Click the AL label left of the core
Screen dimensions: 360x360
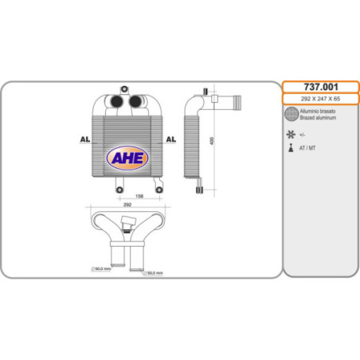[83, 139]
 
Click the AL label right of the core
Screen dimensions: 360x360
[170, 139]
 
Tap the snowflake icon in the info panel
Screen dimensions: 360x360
[292, 134]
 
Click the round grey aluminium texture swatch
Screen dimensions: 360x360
[292, 115]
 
